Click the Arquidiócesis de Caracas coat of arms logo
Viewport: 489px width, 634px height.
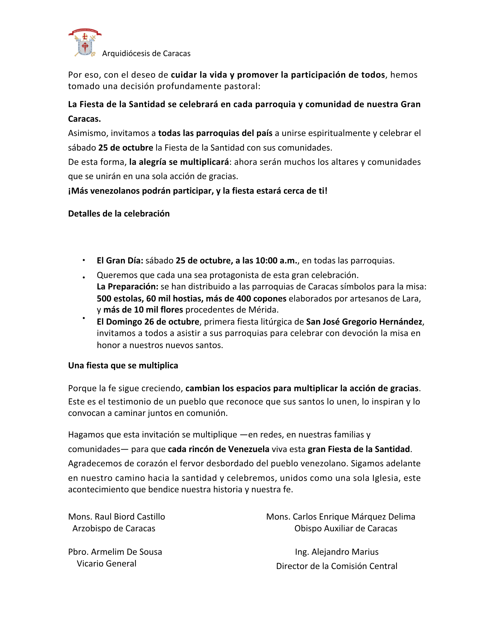point(85,43)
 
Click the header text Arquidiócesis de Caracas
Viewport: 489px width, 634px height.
point(146,54)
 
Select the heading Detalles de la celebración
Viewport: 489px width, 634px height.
point(119,214)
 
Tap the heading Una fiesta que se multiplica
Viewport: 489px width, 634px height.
point(123,366)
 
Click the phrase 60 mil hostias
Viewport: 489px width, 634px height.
point(174,299)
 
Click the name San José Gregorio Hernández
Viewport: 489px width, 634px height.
point(364,322)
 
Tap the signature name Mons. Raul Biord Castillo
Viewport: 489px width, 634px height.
point(116,517)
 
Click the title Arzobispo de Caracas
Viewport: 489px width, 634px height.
point(114,528)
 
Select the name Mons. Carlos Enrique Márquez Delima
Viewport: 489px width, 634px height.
point(341,517)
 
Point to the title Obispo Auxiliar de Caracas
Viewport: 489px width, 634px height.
point(346,528)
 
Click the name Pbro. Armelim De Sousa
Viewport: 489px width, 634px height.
point(115,552)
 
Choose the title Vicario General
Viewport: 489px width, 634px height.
point(107,564)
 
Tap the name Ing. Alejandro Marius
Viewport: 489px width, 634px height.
point(337,552)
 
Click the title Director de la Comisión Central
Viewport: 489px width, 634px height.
point(336,566)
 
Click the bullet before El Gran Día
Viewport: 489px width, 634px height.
point(84,260)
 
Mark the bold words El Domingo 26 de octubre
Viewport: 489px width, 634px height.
point(148,322)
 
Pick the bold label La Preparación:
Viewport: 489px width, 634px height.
point(127,287)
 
